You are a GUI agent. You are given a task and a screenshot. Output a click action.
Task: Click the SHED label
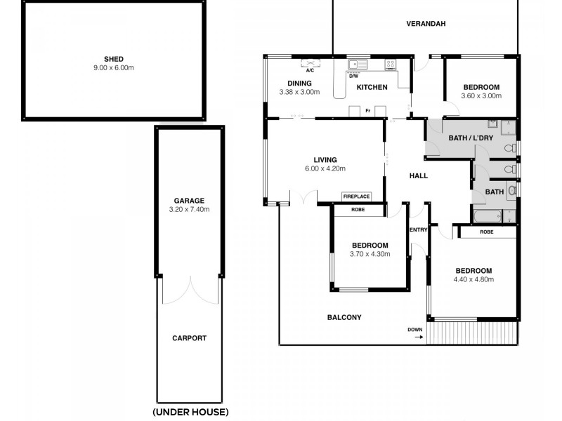click(115, 59)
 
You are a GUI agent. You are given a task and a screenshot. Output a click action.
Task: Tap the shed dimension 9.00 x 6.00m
click(115, 68)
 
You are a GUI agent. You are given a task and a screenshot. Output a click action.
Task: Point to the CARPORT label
click(190, 338)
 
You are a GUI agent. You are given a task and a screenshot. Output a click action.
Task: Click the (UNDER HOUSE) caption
click(190, 412)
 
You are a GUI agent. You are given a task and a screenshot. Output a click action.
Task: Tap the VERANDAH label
click(426, 23)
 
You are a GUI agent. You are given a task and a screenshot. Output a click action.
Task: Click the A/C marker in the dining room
click(310, 70)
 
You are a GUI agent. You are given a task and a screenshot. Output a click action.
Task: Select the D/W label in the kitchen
click(353, 75)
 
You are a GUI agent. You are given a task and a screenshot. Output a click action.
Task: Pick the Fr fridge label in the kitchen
click(367, 110)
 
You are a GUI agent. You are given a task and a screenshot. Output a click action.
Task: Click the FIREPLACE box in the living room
click(356, 196)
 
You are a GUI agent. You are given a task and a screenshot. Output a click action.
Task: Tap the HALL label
click(418, 175)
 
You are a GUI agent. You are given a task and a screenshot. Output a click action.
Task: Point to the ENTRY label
click(418, 229)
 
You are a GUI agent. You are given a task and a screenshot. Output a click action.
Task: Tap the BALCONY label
click(344, 317)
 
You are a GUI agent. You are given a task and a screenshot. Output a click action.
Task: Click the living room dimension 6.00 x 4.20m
click(325, 168)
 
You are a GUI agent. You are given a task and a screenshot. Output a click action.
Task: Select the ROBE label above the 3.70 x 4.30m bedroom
click(358, 209)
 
